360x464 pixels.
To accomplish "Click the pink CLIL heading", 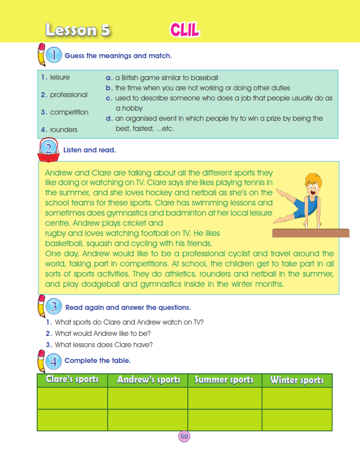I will point(184,30).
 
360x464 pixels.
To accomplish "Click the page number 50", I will point(184,436).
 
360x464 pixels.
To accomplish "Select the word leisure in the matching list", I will point(60,77).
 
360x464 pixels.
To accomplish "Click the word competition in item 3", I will point(69,112).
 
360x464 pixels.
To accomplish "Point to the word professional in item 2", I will point(68,95).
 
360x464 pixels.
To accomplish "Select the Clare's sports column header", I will point(72,380).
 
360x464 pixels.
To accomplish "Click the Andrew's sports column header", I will point(148,380).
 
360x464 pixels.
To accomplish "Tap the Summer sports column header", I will point(224,380).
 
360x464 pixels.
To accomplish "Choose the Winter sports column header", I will point(297,380).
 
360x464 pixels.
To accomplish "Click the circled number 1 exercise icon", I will point(53,55).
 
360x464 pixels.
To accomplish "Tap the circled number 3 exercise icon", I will point(53,307).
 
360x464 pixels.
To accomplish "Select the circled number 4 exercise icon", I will point(53,360).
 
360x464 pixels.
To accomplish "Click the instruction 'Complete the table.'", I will point(98,360).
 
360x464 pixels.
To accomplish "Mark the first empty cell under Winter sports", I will point(297,398).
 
